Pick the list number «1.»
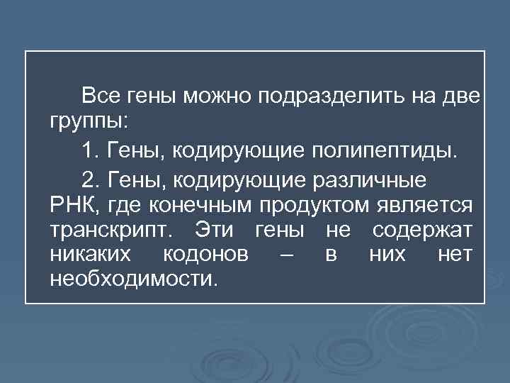[91, 151]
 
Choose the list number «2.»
[91, 180]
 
